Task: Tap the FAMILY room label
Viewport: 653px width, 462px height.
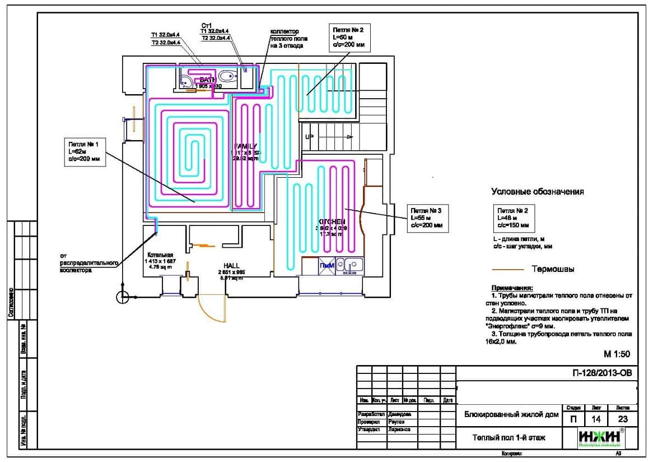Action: (245, 146)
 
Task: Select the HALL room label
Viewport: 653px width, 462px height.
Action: (232, 265)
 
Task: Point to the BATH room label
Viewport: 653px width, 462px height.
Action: (208, 80)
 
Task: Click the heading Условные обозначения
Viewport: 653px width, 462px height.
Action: (537, 192)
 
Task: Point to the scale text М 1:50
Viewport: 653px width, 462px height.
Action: (617, 354)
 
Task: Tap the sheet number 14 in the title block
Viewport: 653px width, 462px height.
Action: (593, 419)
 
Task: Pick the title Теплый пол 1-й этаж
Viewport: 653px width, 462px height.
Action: (508, 438)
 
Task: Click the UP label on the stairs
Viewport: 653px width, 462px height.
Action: (309, 137)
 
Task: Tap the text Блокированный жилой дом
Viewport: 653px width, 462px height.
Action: (511, 415)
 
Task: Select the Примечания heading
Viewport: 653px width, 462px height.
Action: (512, 287)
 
